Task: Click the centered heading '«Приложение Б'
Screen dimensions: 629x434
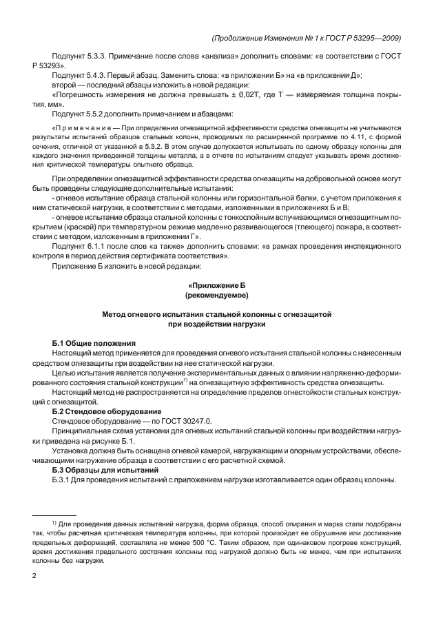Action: point(217,285)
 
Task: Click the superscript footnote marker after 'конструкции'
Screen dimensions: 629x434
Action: point(185,380)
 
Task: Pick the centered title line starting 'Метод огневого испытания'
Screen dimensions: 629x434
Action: point(217,313)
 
